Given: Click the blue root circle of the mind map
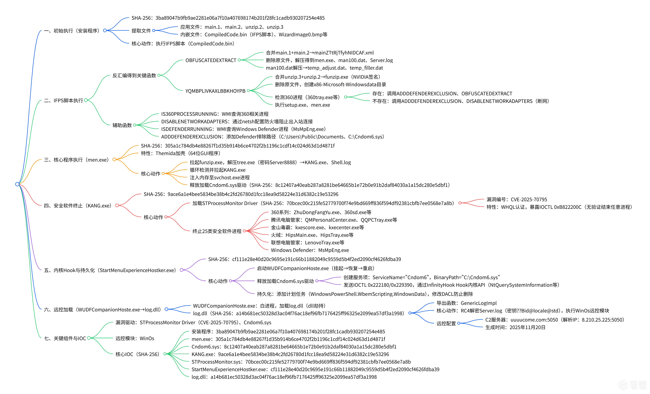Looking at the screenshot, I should [x=17, y=184].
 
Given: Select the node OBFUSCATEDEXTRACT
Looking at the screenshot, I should [x=211, y=60].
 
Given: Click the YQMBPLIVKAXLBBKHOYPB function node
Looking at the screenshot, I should [x=215, y=91].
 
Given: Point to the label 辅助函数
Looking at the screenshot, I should [x=122, y=125].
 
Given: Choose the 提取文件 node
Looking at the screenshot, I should [x=141, y=31].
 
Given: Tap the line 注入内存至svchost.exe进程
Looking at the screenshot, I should [x=219, y=177].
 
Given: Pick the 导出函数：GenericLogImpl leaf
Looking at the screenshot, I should [x=466, y=303].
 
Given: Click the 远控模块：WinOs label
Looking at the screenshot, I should [x=135, y=338].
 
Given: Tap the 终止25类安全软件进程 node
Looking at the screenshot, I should [x=217, y=231].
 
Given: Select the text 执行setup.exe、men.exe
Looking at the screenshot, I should [x=302, y=105].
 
